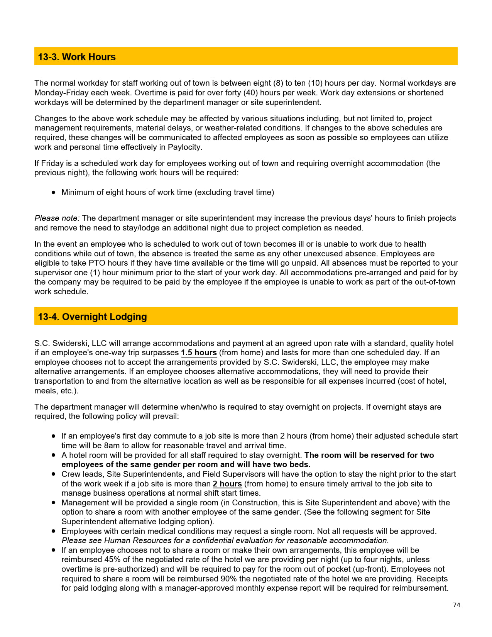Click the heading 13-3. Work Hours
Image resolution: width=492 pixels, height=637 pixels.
(x=76, y=57)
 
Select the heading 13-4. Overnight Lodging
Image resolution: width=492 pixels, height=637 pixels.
(x=92, y=317)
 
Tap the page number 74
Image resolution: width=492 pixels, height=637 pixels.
(x=456, y=605)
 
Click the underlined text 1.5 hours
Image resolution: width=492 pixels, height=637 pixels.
(x=199, y=352)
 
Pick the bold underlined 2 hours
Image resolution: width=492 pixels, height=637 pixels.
(x=227, y=484)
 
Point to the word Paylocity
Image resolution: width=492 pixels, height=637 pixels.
(x=185, y=147)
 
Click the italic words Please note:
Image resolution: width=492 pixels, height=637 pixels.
(x=57, y=218)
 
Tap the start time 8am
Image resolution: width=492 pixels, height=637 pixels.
(x=112, y=446)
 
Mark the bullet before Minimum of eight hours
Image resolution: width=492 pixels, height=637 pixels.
(x=54, y=192)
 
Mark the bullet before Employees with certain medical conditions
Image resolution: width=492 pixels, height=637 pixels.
(x=54, y=531)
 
